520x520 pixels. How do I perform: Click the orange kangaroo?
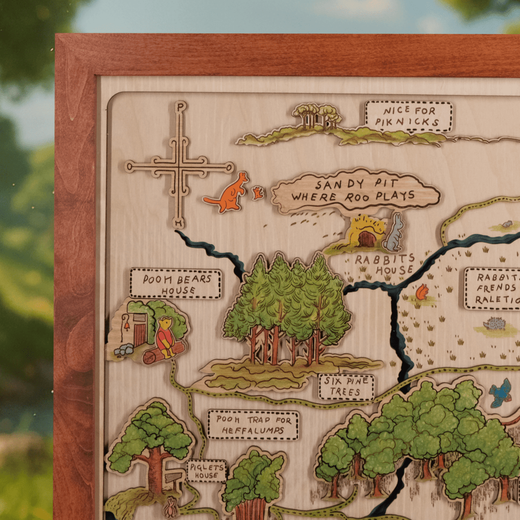228,194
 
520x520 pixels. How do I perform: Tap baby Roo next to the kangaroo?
258,193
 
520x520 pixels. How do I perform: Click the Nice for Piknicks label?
409,117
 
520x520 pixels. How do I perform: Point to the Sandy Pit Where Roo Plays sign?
355,190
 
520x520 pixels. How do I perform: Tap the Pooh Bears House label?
175,284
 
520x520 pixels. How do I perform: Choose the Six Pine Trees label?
346,387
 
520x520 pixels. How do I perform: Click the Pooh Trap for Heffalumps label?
253,425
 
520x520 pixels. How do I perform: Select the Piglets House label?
207,470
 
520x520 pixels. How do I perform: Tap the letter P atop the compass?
180,107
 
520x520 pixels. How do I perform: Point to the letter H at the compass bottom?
179,223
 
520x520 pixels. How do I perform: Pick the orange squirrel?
422,292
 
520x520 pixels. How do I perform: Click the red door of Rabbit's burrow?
367,239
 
